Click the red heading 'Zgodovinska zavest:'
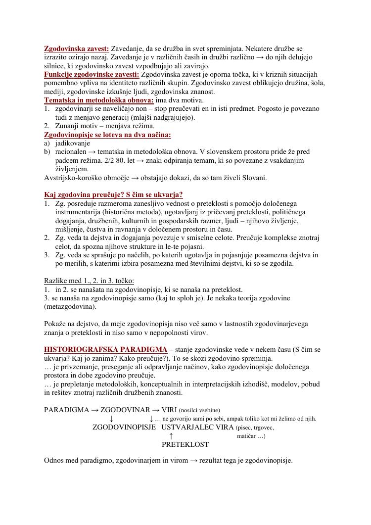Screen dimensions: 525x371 (x=77, y=48)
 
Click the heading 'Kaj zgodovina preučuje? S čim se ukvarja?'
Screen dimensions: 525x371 (x=113, y=194)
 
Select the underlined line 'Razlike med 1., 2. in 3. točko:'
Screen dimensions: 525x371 (x=89, y=281)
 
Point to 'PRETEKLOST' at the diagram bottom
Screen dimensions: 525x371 (x=185, y=444)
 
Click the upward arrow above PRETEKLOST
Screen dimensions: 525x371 (x=171, y=436)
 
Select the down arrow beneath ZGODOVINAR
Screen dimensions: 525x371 (x=111, y=419)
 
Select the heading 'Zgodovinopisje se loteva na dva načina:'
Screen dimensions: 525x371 (x=108, y=135)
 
